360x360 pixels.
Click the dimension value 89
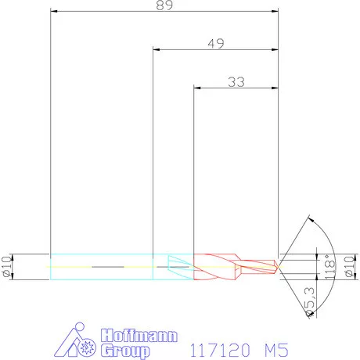(x=164, y=5)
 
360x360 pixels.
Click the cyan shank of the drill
(x=102, y=266)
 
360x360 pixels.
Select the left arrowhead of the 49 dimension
(x=156, y=50)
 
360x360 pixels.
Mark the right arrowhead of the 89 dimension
(x=275, y=12)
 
